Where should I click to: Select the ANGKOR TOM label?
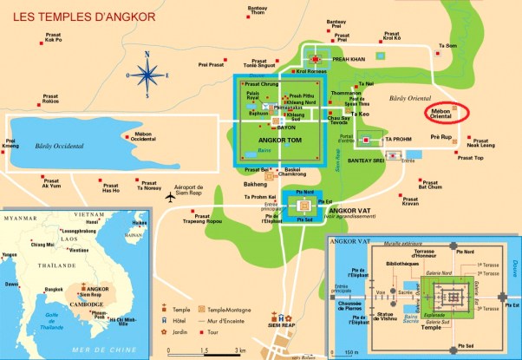pos(278,141)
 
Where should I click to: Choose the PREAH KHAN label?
pos(349,60)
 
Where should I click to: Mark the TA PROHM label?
pos(398,139)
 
